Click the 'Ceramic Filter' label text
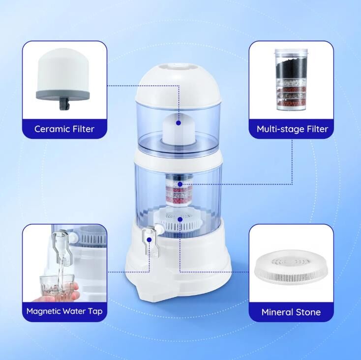[64, 129]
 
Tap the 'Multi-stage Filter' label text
[292, 129]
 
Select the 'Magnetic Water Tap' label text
[64, 311]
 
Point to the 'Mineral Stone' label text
[291, 312]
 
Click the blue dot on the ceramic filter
[178, 123]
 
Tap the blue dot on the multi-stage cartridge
[180, 184]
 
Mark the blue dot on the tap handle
[149, 240]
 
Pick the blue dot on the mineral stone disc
[180, 219]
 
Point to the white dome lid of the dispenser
[179, 85]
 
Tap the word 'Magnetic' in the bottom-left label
[44, 311]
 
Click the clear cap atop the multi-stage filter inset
[291, 53]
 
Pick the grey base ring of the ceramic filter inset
[63, 95]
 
